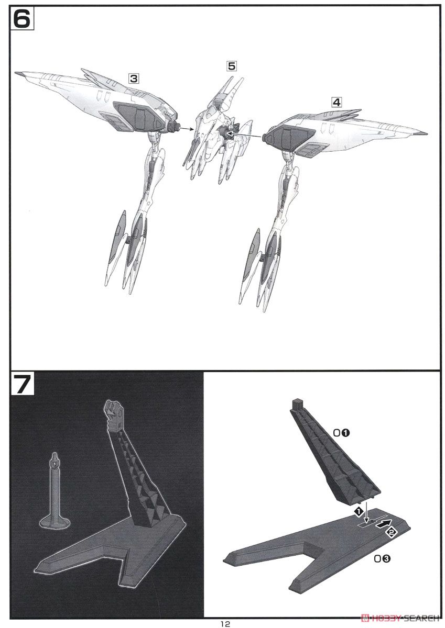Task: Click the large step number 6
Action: [x=22, y=18]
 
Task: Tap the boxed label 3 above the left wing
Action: [x=134, y=78]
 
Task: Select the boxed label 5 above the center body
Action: [x=232, y=66]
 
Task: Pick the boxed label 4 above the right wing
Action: [x=337, y=102]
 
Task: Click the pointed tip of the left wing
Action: [x=16, y=73]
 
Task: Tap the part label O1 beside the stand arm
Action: [x=341, y=433]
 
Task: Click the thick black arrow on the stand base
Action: [x=383, y=523]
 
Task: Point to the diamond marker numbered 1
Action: [x=358, y=512]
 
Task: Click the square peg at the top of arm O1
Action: [x=297, y=403]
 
